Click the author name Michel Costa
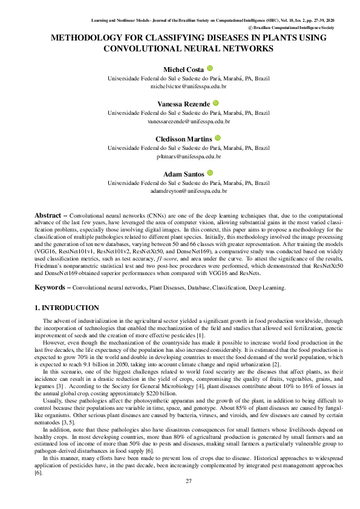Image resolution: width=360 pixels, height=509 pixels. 184,70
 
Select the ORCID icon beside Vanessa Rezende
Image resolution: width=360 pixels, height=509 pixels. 215,104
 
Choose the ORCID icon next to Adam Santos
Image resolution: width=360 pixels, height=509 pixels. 210,173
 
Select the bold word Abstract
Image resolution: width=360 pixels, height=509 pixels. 48,215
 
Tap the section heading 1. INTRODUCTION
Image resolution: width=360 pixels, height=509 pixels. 67,308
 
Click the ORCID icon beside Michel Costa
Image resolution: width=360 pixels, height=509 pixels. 209,69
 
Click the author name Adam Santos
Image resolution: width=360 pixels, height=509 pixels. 184,174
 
